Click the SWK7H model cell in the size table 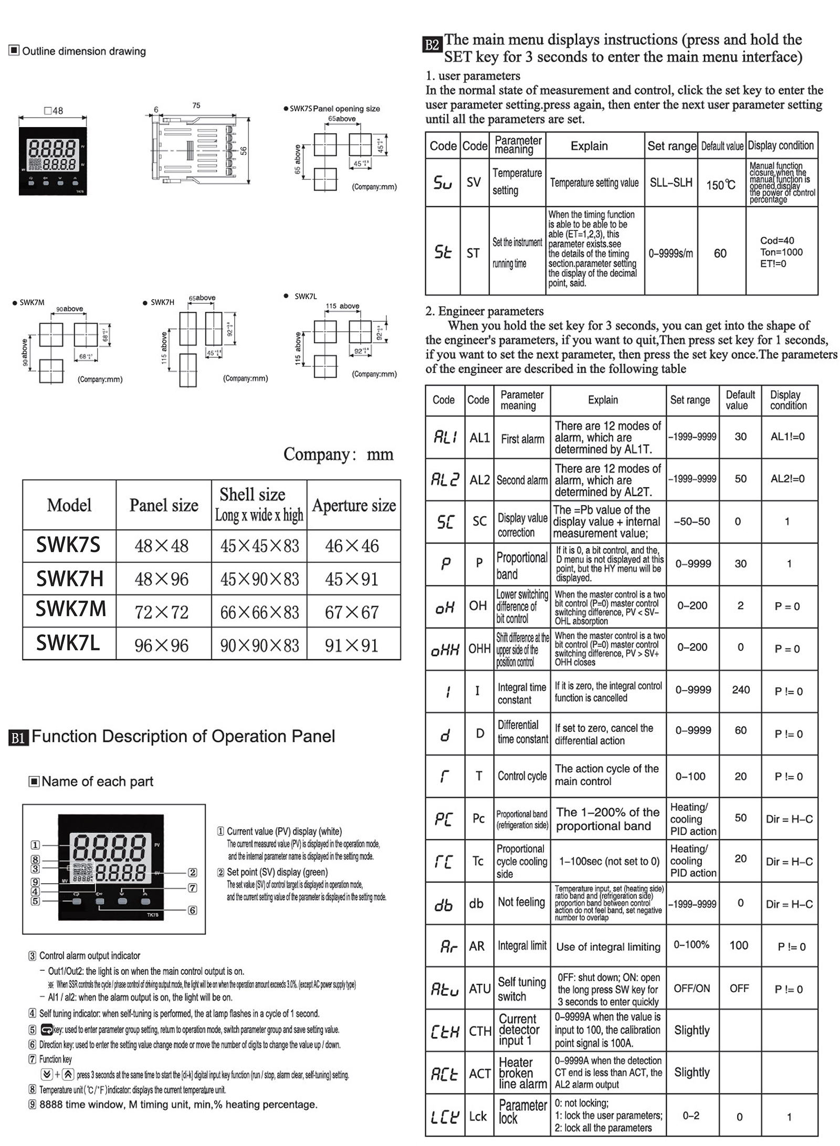click(x=69, y=579)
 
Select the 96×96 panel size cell click(x=162, y=645)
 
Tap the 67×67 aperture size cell click(x=352, y=612)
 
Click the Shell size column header click(x=259, y=504)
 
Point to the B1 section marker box click(x=18, y=738)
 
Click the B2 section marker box click(x=432, y=45)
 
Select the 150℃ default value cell click(x=721, y=185)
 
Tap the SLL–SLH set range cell click(x=671, y=183)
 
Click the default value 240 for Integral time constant click(x=740, y=690)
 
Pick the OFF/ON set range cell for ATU click(x=691, y=988)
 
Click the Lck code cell click(x=478, y=1116)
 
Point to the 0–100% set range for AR click(x=691, y=944)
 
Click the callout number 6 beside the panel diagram click(x=193, y=910)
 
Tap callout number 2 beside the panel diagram click(x=193, y=872)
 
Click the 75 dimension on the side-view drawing click(x=196, y=106)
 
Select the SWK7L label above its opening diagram click(x=306, y=297)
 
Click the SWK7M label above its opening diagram click(x=32, y=302)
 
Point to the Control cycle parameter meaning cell click(x=522, y=776)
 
